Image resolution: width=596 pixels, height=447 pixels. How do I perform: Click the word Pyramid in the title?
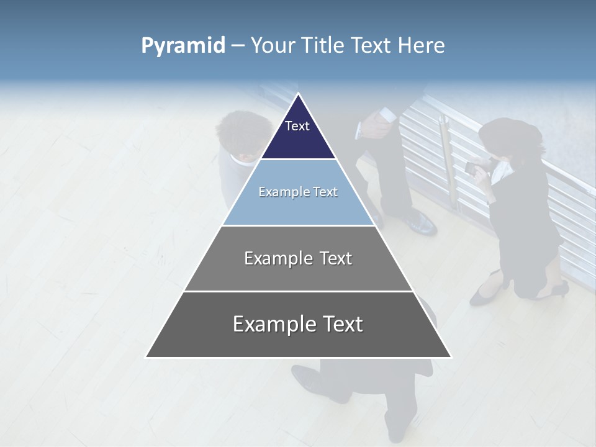point(183,46)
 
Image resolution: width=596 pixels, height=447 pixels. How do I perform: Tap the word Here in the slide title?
point(421,46)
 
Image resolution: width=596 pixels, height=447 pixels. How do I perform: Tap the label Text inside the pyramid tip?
point(297,126)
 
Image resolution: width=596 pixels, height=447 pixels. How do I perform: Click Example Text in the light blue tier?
point(298,192)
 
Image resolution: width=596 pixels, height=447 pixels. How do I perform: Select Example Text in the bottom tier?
point(298,324)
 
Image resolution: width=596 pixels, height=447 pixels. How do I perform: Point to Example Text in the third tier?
point(298,258)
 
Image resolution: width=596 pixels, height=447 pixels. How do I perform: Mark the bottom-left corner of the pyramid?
point(147,356)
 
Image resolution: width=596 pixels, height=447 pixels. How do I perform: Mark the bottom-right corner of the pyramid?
point(451,356)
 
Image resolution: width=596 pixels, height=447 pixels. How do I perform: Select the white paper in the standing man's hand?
point(387,115)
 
